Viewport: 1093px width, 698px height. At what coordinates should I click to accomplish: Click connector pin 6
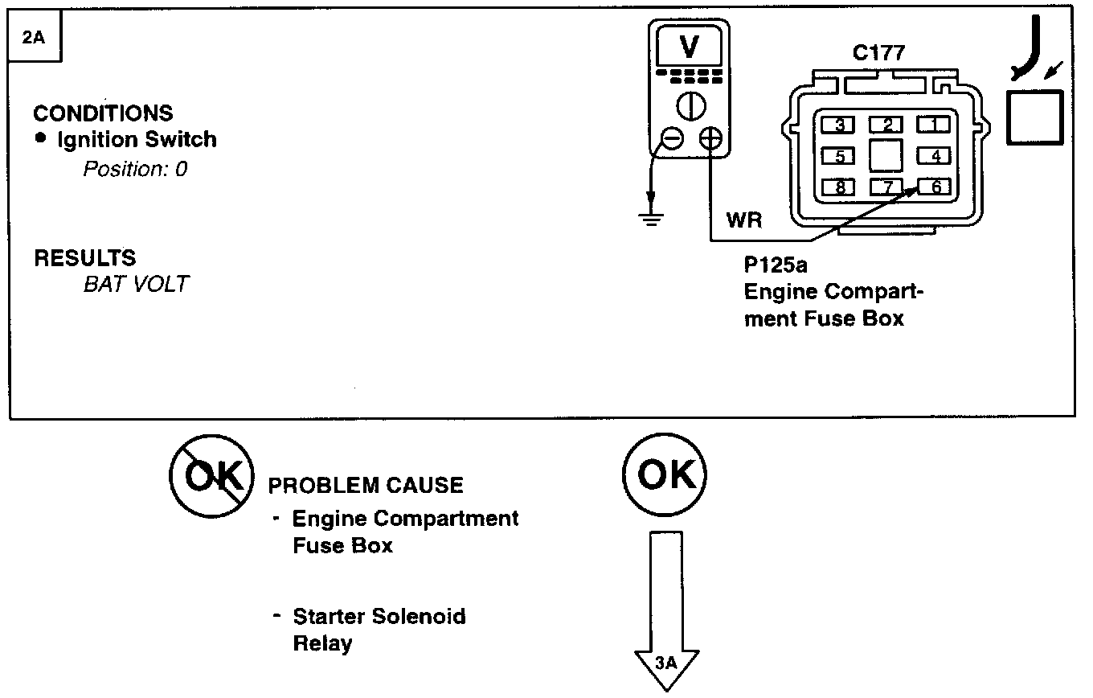pos(935,187)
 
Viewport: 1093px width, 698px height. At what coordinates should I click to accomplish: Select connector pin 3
pos(839,125)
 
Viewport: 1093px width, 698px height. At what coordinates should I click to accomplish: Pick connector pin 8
pos(839,187)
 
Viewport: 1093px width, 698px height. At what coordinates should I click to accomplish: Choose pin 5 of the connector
pos(839,156)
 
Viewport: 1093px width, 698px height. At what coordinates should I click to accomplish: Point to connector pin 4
pos(935,156)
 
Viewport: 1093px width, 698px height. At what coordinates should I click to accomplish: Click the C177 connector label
pos(878,54)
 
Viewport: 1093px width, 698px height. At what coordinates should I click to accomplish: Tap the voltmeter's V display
pos(689,48)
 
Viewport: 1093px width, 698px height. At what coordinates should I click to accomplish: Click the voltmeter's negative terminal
pos(673,139)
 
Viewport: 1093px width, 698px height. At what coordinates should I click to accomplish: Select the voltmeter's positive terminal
pos(710,139)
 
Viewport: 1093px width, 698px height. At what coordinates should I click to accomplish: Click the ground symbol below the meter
pos(652,216)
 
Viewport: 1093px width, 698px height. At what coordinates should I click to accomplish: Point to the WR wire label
pos(743,220)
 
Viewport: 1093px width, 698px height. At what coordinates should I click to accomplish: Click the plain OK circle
pos(664,476)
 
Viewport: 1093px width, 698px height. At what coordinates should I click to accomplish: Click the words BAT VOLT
pos(135,285)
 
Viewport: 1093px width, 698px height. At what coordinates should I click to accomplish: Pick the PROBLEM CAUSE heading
pos(365,486)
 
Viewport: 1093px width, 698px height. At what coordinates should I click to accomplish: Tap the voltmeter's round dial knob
pos(689,105)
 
